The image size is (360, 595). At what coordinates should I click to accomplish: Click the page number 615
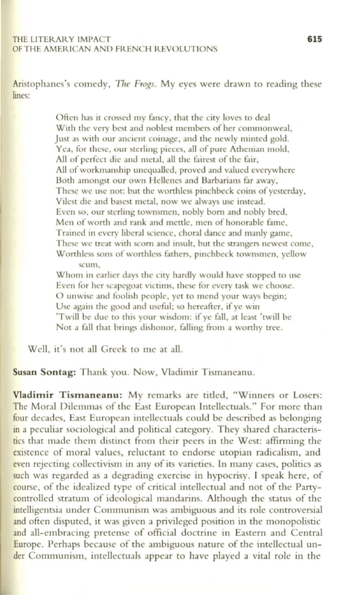point(314,39)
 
